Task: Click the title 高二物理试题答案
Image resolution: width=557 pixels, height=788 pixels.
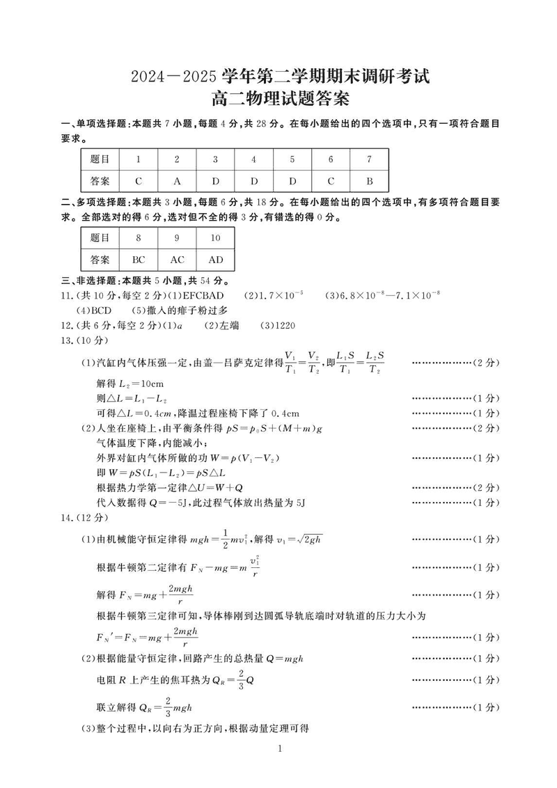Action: pos(278,100)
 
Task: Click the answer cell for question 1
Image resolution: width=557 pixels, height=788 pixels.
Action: pos(139,181)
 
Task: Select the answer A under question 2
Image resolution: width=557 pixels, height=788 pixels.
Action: pos(177,181)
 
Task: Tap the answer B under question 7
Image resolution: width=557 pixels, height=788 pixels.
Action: pos(369,181)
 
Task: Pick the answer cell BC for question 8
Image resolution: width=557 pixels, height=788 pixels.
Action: pos(139,260)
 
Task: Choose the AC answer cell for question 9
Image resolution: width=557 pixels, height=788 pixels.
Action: pos(177,260)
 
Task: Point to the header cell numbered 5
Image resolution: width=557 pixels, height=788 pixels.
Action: pos(292,159)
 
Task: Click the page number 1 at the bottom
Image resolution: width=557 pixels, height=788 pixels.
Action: pos(278,748)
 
